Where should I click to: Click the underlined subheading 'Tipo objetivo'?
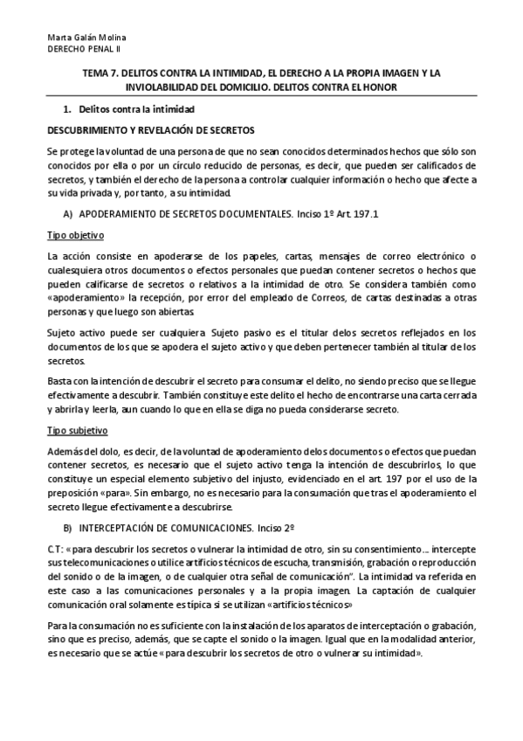click(75, 235)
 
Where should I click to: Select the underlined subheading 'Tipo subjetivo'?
click(76, 431)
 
